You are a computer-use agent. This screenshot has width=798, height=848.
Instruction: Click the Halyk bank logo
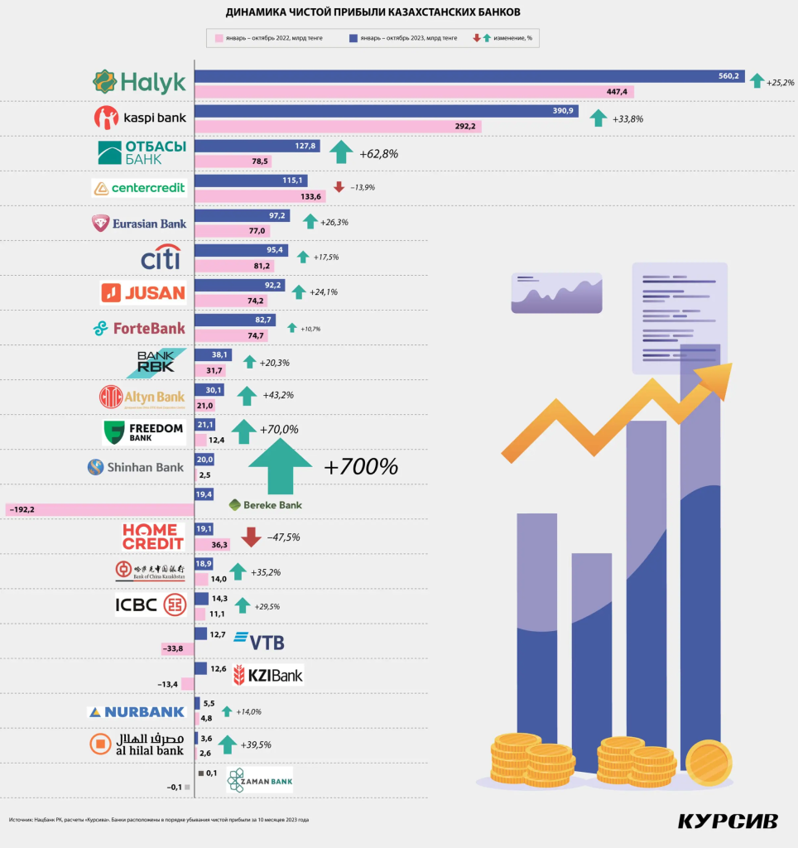139,82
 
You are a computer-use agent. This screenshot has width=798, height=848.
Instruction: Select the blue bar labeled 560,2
468,76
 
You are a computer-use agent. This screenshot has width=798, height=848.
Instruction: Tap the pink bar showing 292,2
337,127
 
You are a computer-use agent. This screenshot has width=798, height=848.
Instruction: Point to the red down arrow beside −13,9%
339,186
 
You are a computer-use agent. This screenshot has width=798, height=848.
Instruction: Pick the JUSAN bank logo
143,292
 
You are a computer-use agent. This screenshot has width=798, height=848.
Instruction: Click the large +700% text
361,466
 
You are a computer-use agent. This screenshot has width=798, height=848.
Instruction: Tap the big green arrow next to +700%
281,466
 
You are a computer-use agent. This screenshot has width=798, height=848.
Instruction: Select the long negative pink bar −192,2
99,509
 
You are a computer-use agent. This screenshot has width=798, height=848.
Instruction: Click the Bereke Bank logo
266,504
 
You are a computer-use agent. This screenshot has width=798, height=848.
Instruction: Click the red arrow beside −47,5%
251,537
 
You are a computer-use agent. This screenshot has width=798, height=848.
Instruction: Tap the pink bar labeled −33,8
177,648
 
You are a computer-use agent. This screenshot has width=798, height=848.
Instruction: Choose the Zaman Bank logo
259,780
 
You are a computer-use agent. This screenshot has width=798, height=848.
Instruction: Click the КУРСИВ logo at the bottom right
728,821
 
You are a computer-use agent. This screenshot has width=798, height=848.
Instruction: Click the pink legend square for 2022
219,38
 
